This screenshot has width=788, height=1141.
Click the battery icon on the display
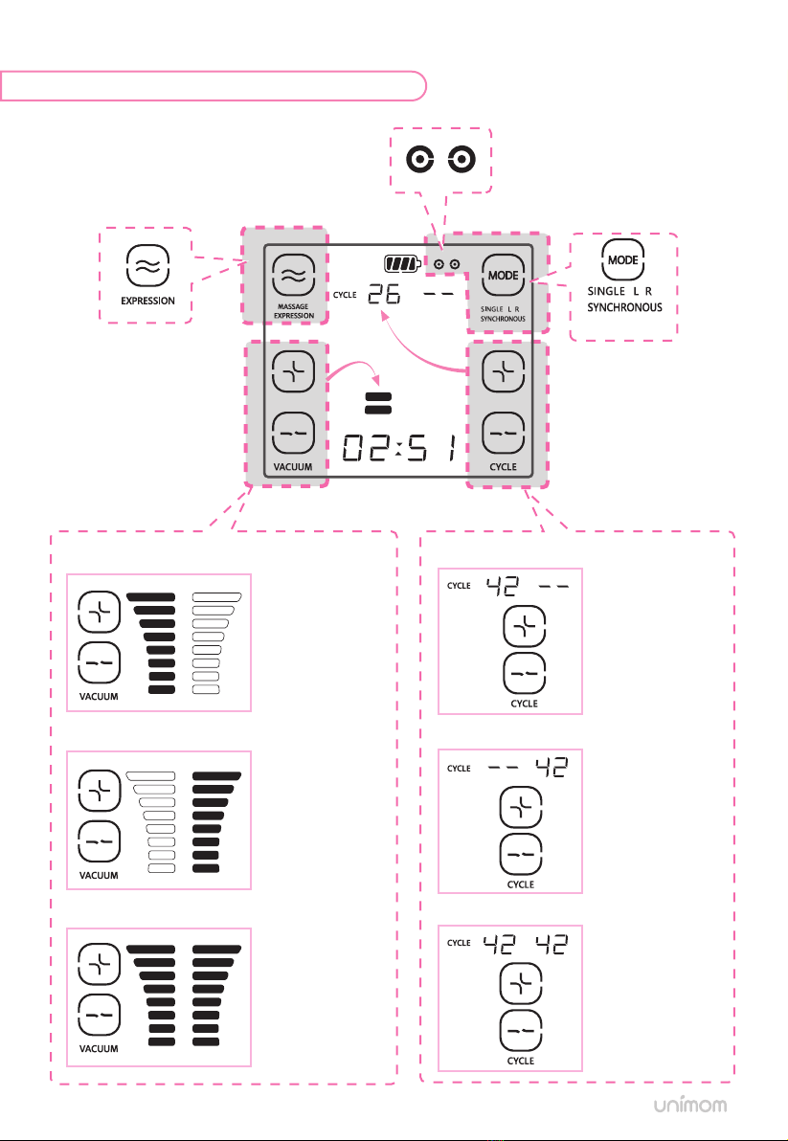[402, 263]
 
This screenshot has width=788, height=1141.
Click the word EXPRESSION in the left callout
[146, 300]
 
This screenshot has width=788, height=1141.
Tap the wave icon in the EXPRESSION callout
[146, 266]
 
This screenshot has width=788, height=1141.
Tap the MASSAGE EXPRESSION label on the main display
[294, 310]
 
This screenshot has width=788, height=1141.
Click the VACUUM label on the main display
[294, 467]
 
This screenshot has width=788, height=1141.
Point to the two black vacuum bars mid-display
[377, 402]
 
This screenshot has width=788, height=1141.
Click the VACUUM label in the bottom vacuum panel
[99, 1048]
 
